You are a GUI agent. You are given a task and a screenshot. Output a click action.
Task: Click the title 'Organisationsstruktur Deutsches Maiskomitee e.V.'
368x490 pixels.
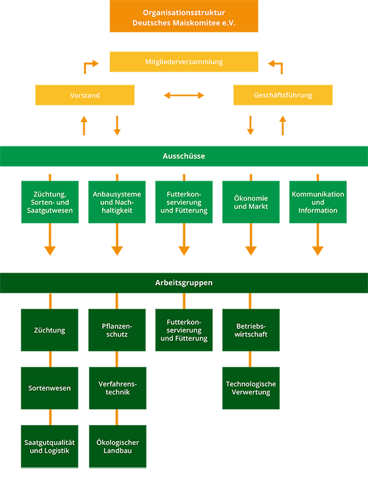pos(184,17)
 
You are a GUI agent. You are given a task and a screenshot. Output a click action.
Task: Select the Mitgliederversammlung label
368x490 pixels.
pos(184,62)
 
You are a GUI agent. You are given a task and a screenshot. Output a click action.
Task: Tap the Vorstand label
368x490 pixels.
pos(85,96)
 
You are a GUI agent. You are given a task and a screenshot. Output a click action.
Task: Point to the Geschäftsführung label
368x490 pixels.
pos(283,96)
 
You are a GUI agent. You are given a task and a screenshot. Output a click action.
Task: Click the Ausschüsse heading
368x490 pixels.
pos(184,156)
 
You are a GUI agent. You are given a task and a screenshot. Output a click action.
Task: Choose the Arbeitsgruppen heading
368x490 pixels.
pos(184,283)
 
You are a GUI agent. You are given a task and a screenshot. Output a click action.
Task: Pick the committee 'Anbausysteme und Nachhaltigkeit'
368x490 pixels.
pos(117,202)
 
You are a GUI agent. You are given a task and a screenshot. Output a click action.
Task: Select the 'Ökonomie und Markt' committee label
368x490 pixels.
pos(251,202)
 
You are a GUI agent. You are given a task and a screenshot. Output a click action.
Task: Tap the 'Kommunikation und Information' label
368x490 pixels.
pos(318,202)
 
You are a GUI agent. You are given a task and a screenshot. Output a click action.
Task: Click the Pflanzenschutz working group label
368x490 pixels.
pos(117,330)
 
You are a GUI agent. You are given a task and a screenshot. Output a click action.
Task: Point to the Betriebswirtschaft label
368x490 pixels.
pos(251,330)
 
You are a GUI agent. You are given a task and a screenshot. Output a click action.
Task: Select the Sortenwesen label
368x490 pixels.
pos(50,388)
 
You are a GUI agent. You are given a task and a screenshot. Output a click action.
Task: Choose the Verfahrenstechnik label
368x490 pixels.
pos(117,388)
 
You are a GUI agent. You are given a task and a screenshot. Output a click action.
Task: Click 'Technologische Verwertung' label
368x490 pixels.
pos(251,388)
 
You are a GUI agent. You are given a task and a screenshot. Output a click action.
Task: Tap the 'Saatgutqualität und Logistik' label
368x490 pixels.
pos(50,447)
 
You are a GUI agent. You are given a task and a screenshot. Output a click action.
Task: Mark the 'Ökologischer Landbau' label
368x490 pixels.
pos(117,447)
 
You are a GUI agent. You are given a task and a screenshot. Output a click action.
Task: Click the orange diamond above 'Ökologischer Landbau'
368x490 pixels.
pos(117,417)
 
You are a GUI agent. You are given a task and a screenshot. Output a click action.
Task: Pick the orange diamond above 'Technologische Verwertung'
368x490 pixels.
pos(250,359)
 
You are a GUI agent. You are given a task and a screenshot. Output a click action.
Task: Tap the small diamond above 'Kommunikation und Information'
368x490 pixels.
pos(318,176)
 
